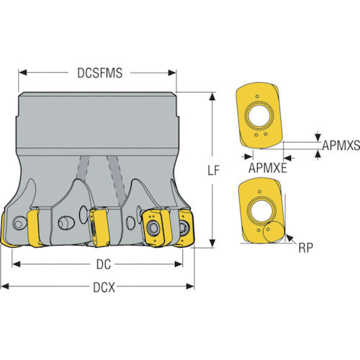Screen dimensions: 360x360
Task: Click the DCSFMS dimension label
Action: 99,73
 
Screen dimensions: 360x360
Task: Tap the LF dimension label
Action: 213,170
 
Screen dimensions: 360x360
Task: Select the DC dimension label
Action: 104,264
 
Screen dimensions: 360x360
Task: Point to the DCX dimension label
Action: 104,287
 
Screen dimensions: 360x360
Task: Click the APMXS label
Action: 341,145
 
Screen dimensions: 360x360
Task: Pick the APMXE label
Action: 268,168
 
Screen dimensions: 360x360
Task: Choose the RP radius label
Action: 306,248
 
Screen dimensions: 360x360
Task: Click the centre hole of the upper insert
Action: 259,116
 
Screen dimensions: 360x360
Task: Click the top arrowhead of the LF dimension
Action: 212,97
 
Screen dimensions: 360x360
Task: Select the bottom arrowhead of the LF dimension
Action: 212,243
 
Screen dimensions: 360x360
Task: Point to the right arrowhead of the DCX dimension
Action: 190,286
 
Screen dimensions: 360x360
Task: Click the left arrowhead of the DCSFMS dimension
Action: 23,73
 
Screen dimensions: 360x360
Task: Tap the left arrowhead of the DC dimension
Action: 16,264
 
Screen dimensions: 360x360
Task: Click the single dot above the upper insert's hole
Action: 257,96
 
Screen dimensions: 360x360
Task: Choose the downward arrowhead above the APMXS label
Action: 318,138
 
